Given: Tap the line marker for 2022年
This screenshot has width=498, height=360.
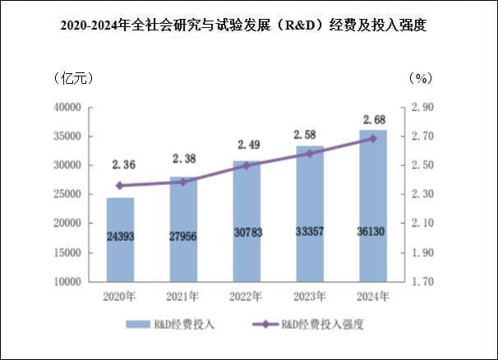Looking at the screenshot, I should pyautogui.click(x=247, y=165).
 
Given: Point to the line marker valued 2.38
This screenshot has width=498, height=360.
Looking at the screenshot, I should pyautogui.click(x=183, y=182).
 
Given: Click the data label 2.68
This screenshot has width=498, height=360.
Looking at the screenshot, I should pyautogui.click(x=373, y=120).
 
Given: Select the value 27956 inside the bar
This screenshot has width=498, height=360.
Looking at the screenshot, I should pyautogui.click(x=183, y=237).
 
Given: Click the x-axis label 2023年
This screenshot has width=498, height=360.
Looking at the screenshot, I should pyautogui.click(x=310, y=296).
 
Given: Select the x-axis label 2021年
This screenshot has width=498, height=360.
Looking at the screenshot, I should pyautogui.click(x=183, y=296).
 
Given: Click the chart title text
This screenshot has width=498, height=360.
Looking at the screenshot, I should pyautogui.click(x=249, y=25).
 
